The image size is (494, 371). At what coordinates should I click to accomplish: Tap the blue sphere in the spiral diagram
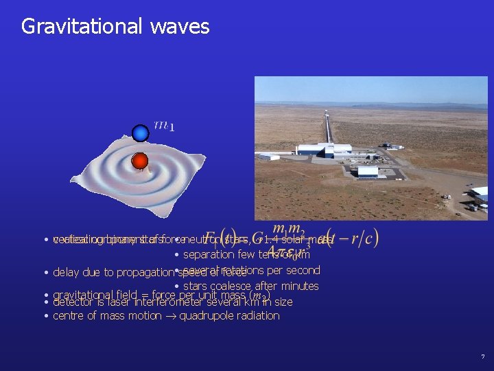[x=141, y=133]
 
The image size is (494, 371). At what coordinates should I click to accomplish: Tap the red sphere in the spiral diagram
[x=140, y=161]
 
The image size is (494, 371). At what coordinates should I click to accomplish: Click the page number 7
[x=482, y=357]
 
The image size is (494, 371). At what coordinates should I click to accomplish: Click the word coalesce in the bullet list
[x=233, y=286]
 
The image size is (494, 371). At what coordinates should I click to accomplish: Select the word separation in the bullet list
[x=209, y=255]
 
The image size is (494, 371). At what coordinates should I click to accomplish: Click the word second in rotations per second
[x=302, y=270]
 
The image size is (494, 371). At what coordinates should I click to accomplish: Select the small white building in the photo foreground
[x=368, y=172]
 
